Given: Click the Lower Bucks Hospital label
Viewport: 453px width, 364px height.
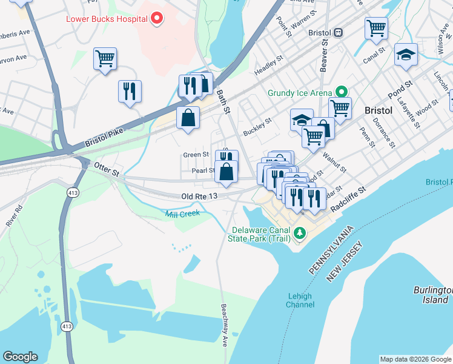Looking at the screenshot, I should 106,18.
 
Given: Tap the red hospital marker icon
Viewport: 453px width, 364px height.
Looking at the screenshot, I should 157,18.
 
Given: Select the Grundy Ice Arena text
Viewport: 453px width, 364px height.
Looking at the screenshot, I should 300,93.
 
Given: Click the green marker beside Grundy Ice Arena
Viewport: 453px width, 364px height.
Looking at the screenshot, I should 342,93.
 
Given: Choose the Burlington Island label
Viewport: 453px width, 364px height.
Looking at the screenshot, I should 432,295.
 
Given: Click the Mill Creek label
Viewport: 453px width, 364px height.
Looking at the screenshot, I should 182,214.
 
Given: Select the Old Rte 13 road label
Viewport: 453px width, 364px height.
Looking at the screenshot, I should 199,197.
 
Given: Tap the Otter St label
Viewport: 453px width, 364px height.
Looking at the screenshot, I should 107,170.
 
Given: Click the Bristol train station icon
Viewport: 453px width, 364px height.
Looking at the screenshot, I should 339,32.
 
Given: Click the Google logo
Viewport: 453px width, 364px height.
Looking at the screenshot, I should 20,357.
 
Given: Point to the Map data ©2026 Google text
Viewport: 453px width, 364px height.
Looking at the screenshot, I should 415,359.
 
